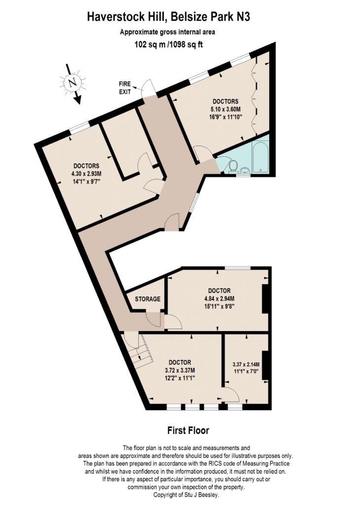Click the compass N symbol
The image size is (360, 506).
(73, 83)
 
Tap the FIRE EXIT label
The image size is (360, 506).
(125, 88)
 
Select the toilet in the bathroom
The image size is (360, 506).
(233, 167)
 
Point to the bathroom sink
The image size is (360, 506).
(245, 170)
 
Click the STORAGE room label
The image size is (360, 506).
(148, 299)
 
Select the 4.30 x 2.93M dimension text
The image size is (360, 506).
(86, 174)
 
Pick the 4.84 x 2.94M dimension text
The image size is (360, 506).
(219, 298)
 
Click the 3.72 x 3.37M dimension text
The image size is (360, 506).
(180, 370)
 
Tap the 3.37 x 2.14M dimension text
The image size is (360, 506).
(246, 364)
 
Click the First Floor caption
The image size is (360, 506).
(188, 430)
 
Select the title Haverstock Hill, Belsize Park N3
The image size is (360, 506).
(168, 17)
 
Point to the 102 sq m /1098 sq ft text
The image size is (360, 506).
(168, 44)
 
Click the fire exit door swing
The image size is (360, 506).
(149, 86)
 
